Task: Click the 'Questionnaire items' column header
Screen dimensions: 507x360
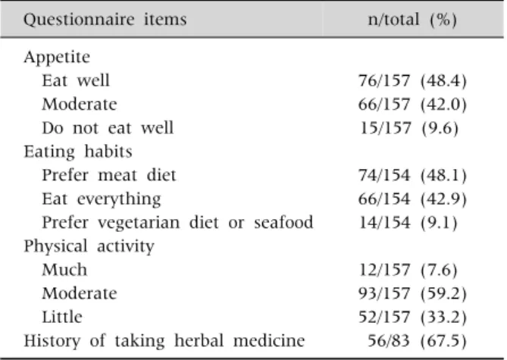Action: click(105, 20)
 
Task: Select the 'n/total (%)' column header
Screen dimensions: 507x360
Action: click(412, 20)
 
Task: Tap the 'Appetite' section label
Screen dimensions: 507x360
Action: click(57, 58)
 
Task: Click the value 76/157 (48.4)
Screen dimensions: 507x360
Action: click(412, 80)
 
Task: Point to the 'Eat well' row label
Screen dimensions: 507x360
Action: click(76, 80)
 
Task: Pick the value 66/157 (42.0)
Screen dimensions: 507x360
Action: click(412, 104)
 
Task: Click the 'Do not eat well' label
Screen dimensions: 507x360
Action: click(108, 128)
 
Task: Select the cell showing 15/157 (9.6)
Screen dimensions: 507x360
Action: click(409, 128)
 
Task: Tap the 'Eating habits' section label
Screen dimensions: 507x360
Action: click(78, 152)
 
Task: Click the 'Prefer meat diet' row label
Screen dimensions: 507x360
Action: click(109, 175)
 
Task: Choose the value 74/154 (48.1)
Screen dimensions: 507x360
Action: click(412, 175)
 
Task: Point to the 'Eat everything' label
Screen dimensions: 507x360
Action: click(102, 199)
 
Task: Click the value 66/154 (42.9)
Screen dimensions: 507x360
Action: click(412, 199)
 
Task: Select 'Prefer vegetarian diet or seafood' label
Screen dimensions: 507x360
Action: click(177, 223)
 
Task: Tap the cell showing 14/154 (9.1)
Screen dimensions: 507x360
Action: click(408, 223)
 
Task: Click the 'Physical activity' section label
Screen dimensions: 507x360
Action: click(89, 246)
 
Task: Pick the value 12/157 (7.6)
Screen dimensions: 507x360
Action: click(408, 270)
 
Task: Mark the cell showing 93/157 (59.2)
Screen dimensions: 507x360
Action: click(412, 293)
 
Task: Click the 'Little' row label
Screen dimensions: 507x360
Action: click(62, 317)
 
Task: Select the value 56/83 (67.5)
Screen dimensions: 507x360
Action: click(417, 340)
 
